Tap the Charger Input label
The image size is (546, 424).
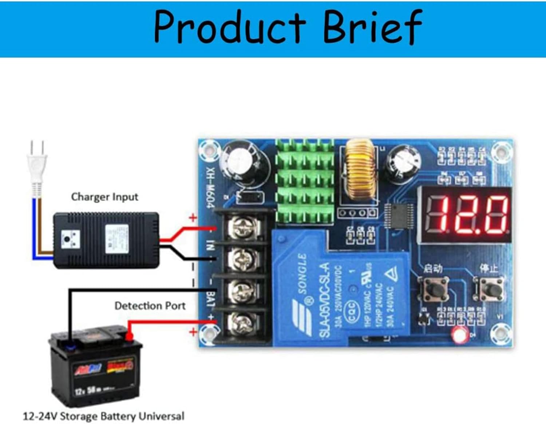[104, 197]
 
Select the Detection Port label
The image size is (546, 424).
[150, 305]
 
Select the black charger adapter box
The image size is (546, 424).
[106, 240]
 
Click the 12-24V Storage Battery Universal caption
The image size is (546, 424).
[104, 416]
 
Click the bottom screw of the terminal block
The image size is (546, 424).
[241, 322]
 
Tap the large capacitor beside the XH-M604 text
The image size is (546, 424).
[246, 162]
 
